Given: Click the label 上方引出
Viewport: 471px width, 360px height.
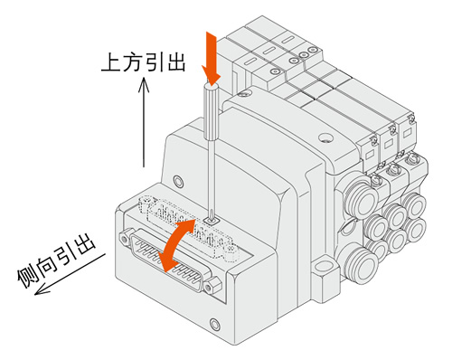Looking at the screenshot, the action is tap(144, 62).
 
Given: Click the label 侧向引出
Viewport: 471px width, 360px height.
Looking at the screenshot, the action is tap(57, 260).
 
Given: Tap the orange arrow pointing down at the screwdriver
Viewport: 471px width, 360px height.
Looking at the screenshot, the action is tap(212, 58).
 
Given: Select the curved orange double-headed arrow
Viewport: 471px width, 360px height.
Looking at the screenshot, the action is tap(177, 245).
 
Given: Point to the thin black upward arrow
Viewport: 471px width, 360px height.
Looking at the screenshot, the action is tap(144, 122).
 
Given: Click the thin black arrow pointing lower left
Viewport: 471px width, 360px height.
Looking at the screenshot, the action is tap(70, 274).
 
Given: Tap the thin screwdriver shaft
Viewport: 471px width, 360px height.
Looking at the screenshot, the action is tap(211, 178).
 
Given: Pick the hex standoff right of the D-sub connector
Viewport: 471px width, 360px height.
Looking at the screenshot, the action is tap(212, 285).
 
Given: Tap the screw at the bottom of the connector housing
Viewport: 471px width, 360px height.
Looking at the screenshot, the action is tap(214, 325).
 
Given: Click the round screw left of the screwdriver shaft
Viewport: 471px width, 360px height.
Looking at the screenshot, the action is tap(178, 182).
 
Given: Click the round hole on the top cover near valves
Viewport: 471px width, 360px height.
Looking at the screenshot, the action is tap(325, 137).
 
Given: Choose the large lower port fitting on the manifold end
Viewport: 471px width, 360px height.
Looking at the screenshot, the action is tap(362, 266).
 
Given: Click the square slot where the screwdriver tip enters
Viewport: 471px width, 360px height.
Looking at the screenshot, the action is tap(212, 222).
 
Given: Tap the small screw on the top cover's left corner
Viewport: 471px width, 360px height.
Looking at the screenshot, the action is tap(243, 93).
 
